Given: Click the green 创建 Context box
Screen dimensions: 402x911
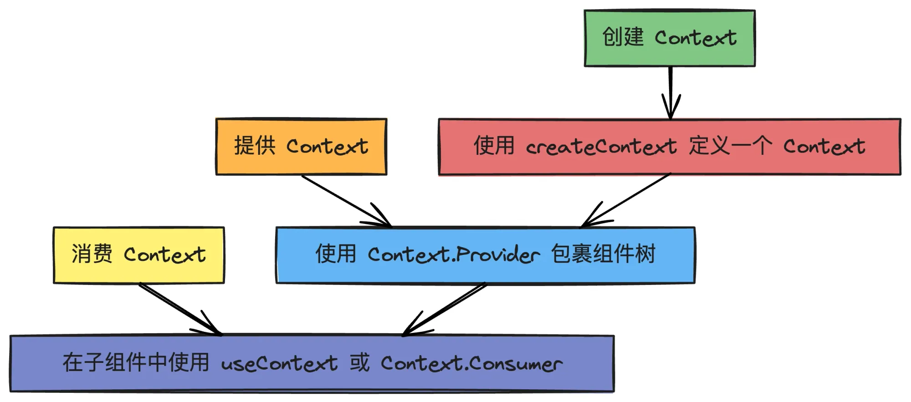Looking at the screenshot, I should point(669,38).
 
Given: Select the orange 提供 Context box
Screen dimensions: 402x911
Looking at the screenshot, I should point(301,147).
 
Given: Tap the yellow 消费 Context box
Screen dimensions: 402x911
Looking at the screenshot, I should point(138,255).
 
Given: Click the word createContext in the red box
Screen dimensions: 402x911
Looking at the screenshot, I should point(601,147).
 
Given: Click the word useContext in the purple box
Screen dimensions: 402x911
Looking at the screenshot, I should point(279,364).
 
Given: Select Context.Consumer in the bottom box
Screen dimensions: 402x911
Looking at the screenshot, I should point(471,364).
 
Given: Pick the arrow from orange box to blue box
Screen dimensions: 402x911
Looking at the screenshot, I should point(346,201).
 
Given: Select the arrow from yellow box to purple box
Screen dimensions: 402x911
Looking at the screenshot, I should point(180,309).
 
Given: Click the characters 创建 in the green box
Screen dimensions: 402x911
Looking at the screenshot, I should point(623,37).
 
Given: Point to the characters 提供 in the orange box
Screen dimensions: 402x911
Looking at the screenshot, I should point(255,146).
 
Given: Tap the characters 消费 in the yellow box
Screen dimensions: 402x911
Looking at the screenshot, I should point(92,254).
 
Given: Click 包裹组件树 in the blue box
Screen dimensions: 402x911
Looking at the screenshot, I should point(603,254).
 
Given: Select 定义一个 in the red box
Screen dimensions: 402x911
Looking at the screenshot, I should point(730,146).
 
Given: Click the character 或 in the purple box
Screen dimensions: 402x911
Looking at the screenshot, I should point(359,363).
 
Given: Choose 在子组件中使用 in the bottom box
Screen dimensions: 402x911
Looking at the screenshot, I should point(136,363).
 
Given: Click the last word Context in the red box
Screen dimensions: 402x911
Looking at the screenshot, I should point(824,147).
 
